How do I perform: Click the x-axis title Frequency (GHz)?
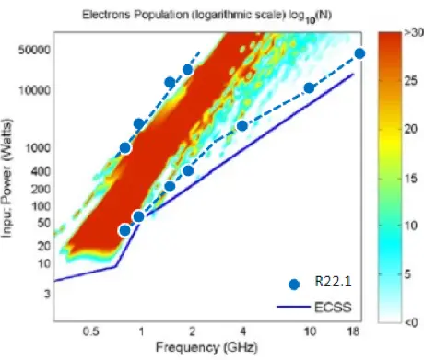click(202, 349)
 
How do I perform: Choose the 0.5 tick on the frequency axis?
click(91, 330)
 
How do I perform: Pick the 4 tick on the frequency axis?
click(242, 330)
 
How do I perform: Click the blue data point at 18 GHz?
click(359, 53)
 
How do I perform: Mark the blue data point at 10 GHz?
click(310, 87)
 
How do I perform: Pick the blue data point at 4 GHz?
click(242, 125)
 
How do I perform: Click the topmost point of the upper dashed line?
click(188, 70)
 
